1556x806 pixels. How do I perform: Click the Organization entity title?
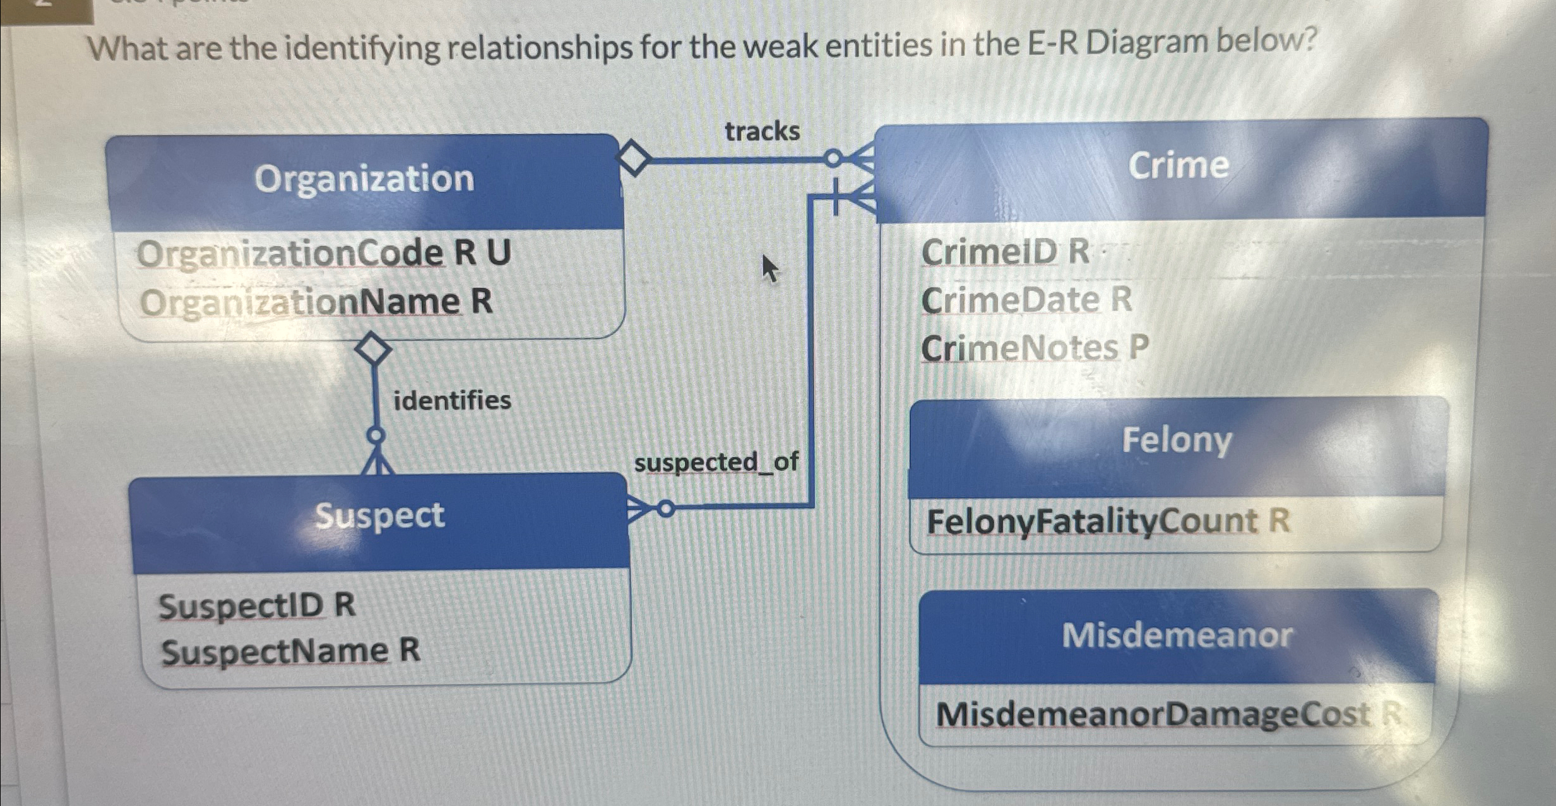click(364, 179)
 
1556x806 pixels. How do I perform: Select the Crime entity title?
click(1178, 165)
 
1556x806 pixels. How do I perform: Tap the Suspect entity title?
click(379, 516)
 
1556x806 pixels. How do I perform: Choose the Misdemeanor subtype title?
click(1177, 635)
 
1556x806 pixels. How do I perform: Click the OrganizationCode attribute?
click(323, 254)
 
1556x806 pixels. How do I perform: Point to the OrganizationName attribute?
click(316, 302)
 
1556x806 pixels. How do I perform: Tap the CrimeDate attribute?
click(1026, 300)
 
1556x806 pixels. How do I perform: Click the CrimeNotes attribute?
click(1035, 348)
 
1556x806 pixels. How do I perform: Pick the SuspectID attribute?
click(257, 607)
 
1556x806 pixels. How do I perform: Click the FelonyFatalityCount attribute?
click(1108, 522)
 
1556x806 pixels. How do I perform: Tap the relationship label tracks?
click(762, 131)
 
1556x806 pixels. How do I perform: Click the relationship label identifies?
click(452, 400)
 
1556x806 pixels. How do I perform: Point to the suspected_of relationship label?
click(716, 463)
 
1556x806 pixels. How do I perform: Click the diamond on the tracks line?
click(633, 159)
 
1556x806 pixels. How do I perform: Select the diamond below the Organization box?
click(373, 348)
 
